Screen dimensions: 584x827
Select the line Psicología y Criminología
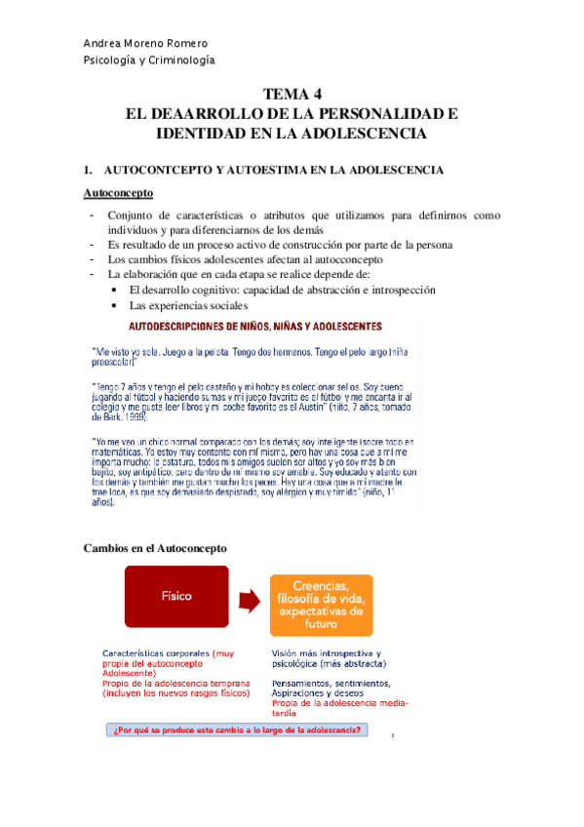(x=149, y=60)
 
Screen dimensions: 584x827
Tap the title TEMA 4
(x=292, y=95)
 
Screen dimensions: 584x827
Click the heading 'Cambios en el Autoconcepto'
(x=156, y=548)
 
